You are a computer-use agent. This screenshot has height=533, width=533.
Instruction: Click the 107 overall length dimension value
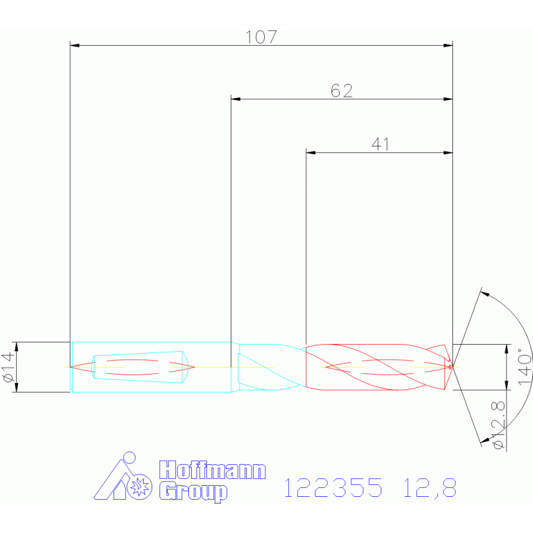tap(261, 37)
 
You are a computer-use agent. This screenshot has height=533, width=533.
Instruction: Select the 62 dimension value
tap(342, 91)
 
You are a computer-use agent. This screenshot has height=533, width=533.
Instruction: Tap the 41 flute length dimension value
tap(380, 144)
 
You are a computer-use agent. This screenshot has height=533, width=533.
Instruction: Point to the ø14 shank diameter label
tap(8, 367)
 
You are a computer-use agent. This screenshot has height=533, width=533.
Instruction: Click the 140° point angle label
tap(525, 366)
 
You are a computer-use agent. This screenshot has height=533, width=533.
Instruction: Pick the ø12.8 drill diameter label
tap(499, 425)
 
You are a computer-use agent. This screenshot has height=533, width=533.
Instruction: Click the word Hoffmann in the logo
tap(213, 470)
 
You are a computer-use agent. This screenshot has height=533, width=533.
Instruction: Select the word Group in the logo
tap(193, 491)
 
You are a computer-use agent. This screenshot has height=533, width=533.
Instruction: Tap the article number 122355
tap(333, 487)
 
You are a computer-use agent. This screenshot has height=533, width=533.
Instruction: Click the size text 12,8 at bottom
tap(429, 488)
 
